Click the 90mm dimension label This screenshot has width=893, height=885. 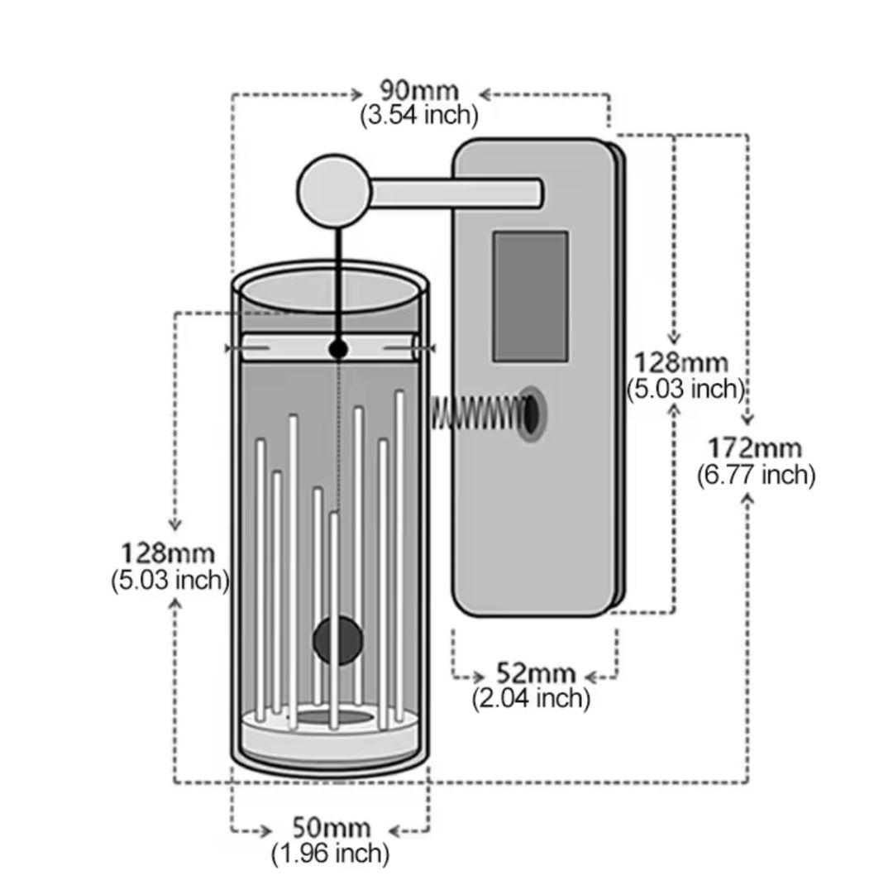[x=418, y=89]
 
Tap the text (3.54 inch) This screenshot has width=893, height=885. [x=418, y=114]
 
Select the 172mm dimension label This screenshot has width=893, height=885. [x=754, y=448]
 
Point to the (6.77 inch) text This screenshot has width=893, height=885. [x=756, y=475]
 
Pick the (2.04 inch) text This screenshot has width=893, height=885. [x=531, y=698]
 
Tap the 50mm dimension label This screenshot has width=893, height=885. [x=331, y=827]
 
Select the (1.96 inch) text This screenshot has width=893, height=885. [x=330, y=853]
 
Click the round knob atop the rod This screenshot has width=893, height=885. [x=334, y=191]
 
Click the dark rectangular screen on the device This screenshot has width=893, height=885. [x=530, y=296]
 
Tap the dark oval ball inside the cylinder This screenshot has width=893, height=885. [x=337, y=640]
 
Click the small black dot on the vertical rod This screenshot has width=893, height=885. [x=337, y=350]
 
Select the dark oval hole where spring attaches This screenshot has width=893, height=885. [x=531, y=412]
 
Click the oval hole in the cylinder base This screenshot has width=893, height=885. [x=334, y=716]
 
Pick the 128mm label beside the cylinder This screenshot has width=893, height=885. [x=169, y=553]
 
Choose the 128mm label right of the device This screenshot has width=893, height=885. [x=681, y=362]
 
